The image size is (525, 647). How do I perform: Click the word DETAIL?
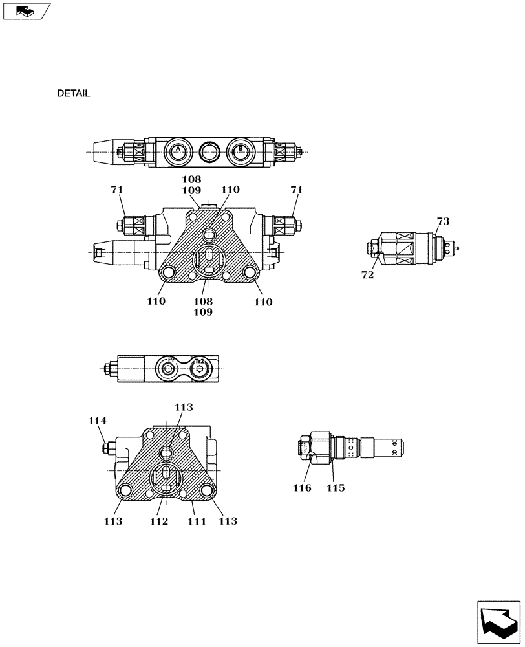coord(73,93)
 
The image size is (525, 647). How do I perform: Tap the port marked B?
coord(240,151)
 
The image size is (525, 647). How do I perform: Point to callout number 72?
coord(368,274)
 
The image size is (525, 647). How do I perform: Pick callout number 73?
coord(442,222)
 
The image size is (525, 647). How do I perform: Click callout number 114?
coord(98,421)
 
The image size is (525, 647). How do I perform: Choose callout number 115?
coord(335,488)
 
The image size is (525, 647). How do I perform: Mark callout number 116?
coord(302,488)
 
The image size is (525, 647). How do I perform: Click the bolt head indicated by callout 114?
coord(106,448)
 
